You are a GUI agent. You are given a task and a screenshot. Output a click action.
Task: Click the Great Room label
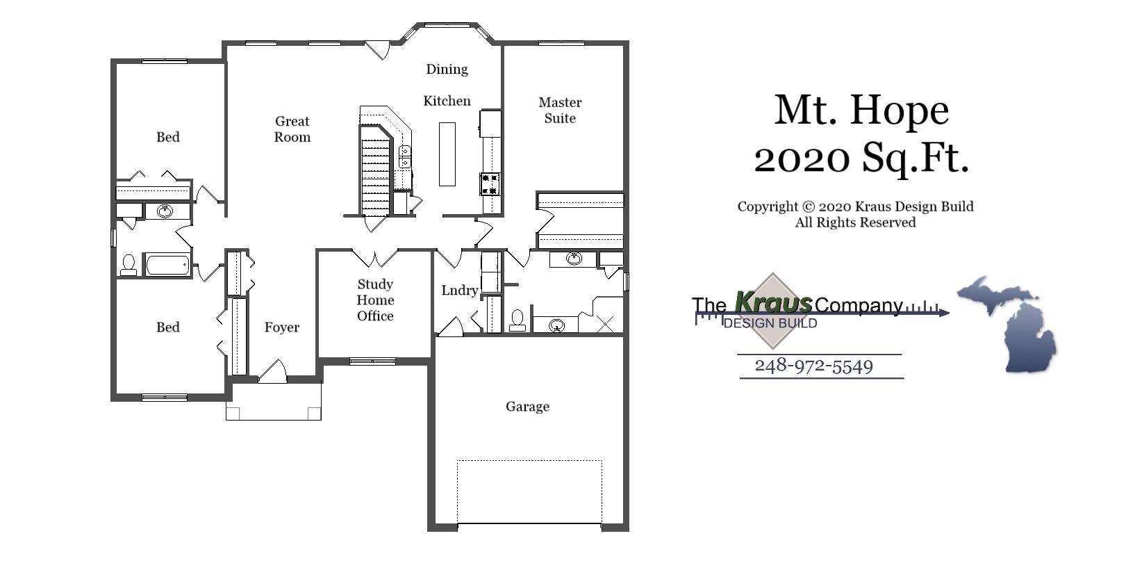tap(292, 129)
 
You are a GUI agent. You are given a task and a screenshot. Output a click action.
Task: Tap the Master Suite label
tap(560, 111)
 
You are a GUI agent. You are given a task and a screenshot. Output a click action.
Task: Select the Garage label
tap(527, 407)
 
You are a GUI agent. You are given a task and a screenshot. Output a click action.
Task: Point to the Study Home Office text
tap(375, 300)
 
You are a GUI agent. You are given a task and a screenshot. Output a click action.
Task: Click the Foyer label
tap(281, 327)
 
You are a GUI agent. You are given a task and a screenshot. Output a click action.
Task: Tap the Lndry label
tap(459, 291)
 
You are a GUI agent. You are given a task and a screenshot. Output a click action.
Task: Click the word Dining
tap(447, 69)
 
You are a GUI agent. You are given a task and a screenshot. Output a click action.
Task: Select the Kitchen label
tap(447, 101)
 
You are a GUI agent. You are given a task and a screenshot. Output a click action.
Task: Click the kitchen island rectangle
tap(447, 154)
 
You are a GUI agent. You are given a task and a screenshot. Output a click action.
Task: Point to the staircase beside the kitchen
tap(376, 174)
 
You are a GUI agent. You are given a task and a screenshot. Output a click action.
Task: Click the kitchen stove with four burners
tap(490, 184)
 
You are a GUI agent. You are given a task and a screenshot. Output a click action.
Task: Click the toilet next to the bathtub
tap(129, 265)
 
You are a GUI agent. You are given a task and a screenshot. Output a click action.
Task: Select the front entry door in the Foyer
tap(273, 373)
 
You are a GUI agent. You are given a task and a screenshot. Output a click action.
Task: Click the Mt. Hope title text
tap(861, 111)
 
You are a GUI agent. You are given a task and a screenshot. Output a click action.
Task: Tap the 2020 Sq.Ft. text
tap(861, 158)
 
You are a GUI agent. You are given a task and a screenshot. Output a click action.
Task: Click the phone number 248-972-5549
tap(813, 366)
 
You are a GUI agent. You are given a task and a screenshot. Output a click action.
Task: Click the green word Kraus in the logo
tap(772, 303)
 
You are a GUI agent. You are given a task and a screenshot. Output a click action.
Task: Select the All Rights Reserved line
tap(855, 222)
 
